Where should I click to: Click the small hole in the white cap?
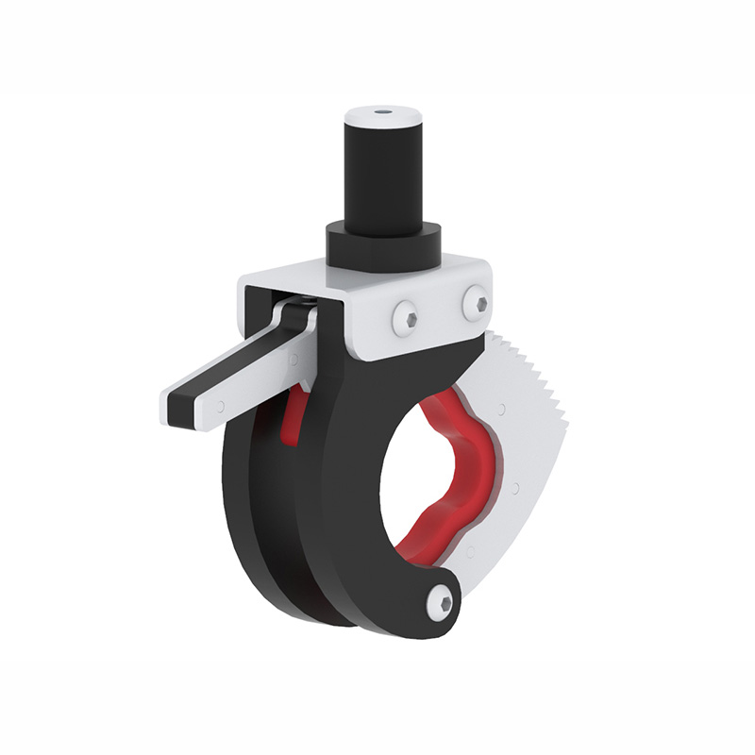[x=383, y=111]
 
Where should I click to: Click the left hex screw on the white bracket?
[x=407, y=318]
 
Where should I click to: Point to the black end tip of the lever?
[x=179, y=406]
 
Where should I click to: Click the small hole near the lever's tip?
[x=221, y=407]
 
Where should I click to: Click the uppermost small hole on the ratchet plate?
[x=501, y=409]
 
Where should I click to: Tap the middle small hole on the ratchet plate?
[x=515, y=488]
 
